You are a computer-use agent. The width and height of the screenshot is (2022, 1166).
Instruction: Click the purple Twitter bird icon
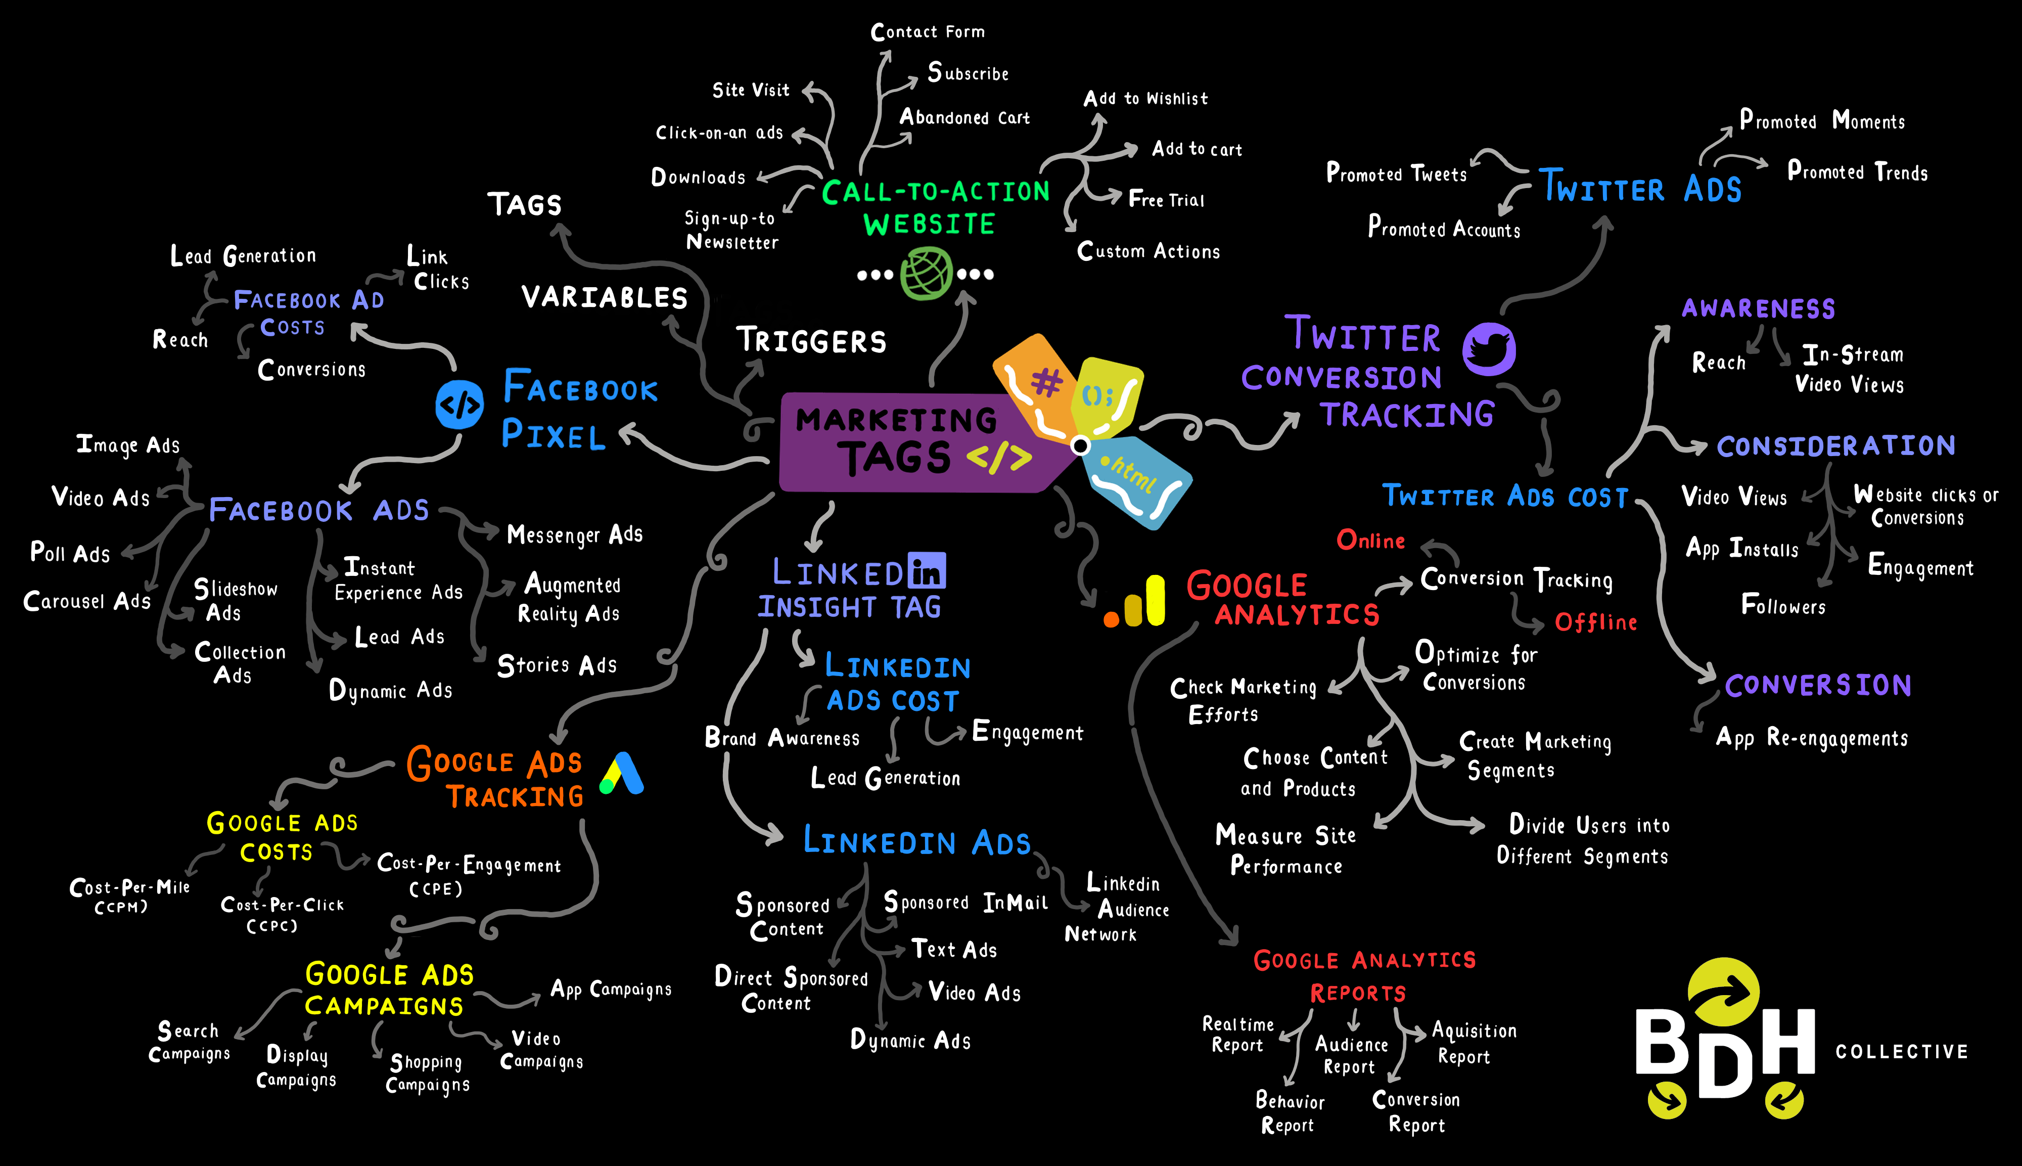[1489, 349]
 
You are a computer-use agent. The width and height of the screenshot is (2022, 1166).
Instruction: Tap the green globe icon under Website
[926, 274]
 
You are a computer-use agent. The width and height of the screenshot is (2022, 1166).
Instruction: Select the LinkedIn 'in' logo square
[927, 570]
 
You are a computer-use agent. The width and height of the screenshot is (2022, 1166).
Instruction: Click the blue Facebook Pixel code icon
[459, 405]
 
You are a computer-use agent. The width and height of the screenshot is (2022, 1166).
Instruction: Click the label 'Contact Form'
[928, 32]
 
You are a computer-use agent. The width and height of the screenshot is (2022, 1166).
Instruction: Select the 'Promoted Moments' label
[1822, 121]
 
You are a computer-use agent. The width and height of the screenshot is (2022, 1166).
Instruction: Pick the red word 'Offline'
[1595, 622]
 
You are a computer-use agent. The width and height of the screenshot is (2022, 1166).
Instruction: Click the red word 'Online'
[1370, 541]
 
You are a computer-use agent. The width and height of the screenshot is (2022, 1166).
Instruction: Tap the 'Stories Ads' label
[557, 665]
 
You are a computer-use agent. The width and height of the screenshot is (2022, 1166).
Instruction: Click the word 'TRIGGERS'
[811, 341]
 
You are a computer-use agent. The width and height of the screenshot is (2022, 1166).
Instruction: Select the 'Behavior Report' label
[1289, 1112]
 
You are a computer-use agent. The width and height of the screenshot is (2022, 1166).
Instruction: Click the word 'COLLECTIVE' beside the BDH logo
[1901, 1052]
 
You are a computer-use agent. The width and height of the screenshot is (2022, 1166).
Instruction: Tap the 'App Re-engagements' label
[1812, 738]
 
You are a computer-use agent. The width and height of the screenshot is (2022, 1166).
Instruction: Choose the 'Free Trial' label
[1166, 199]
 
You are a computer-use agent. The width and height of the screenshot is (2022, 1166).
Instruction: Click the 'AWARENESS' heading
[1758, 308]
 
